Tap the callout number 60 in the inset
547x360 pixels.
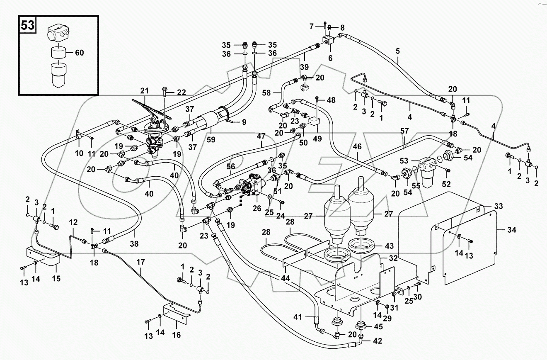coord(79,53)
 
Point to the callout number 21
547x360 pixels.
coord(144,91)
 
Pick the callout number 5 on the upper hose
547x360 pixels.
coord(397,52)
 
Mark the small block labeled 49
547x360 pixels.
coord(316,122)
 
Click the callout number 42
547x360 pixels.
coord(377,342)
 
